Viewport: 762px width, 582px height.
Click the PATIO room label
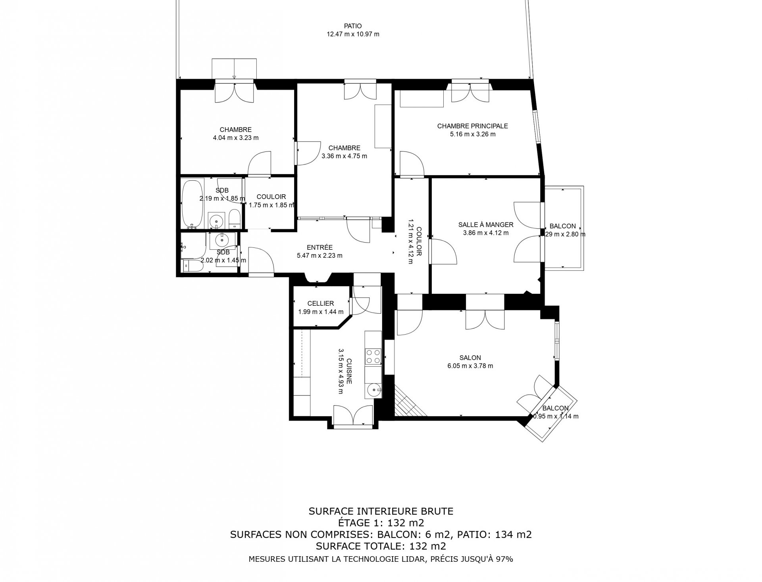click(353, 26)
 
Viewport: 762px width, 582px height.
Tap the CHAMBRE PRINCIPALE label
click(472, 126)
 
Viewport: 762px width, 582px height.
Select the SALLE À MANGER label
click(486, 224)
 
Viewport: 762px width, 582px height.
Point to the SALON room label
click(470, 358)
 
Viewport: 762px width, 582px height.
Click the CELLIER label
click(321, 304)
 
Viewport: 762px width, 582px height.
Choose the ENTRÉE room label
click(319, 247)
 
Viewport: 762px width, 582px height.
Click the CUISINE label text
click(349, 371)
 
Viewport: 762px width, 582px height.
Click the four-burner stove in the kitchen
click(373, 356)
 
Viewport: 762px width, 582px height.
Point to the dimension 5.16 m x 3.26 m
click(472, 134)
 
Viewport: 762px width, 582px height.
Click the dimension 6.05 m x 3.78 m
click(470, 366)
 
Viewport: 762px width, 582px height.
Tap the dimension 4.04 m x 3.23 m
click(236, 138)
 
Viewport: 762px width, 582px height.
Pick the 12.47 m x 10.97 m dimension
click(353, 34)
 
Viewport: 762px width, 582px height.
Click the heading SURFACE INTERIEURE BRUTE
click(381, 511)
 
